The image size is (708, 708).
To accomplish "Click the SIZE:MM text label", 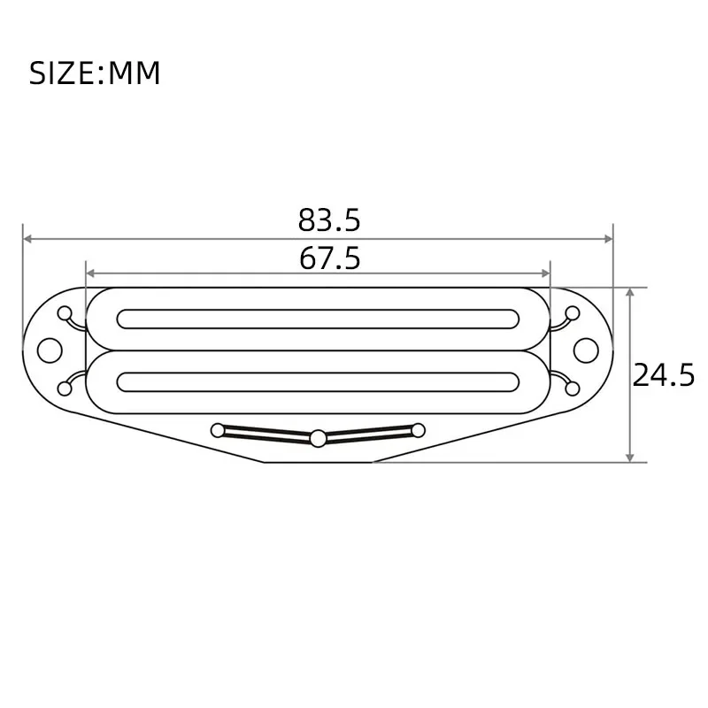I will [95, 73].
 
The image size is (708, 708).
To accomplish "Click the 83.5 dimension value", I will [329, 219].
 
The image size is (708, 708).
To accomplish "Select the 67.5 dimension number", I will [329, 258].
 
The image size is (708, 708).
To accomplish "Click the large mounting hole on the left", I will [50, 350].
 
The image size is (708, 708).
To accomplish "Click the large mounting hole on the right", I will [585, 350].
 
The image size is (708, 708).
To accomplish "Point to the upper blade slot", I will [319, 319].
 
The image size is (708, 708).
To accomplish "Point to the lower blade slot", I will [319, 381].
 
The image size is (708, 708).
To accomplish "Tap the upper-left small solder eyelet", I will [65, 313].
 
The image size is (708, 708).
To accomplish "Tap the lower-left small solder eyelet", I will [65, 388].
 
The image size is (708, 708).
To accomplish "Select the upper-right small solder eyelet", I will [573, 312].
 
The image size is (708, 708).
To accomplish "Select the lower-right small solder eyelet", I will [573, 388].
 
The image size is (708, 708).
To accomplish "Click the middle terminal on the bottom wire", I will [318, 436].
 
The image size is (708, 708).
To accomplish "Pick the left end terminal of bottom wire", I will [218, 431].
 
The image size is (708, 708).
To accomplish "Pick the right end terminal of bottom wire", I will [418, 431].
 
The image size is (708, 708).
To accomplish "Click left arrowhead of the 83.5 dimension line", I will [27, 239].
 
